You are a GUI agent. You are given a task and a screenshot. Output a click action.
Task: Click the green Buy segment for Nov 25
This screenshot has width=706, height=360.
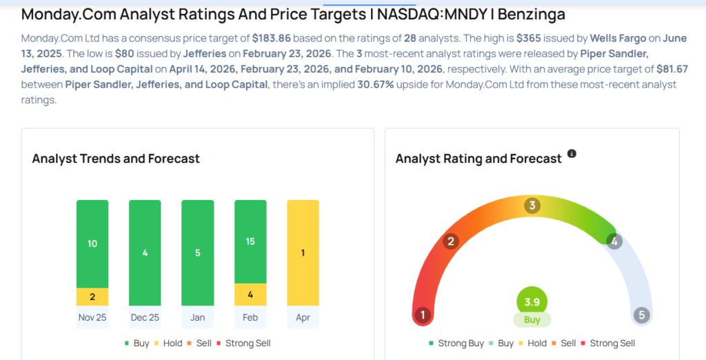(92, 243)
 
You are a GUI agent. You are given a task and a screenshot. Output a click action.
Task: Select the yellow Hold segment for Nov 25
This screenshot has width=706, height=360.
(92, 297)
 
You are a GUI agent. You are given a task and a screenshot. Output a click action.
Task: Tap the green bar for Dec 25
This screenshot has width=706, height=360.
(145, 252)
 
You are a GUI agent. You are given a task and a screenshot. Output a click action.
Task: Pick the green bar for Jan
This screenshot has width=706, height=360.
(197, 252)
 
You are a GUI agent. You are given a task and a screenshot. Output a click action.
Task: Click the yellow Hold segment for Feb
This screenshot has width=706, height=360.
(250, 294)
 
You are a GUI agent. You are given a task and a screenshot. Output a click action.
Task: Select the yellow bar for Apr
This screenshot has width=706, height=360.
(303, 252)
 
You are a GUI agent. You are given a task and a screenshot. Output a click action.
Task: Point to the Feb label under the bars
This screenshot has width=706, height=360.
(250, 318)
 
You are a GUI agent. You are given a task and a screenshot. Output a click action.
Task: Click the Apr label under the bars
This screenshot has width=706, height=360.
(303, 318)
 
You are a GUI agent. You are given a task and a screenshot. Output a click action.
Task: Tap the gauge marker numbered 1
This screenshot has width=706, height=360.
(423, 315)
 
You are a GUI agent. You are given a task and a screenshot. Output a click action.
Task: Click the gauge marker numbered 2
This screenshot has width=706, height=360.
(451, 241)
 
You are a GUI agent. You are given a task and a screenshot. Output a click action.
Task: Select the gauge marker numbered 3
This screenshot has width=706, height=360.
(532, 206)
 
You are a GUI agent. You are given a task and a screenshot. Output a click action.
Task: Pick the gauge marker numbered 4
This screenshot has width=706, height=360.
(613, 241)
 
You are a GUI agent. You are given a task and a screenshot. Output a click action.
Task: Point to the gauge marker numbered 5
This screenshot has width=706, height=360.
(641, 315)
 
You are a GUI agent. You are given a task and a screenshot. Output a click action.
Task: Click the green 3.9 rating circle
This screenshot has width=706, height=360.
(532, 301)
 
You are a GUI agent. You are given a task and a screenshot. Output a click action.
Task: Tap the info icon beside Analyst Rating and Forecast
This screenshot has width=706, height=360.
(572, 154)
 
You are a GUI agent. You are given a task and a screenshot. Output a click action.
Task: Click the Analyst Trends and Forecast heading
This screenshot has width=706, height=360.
(116, 159)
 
